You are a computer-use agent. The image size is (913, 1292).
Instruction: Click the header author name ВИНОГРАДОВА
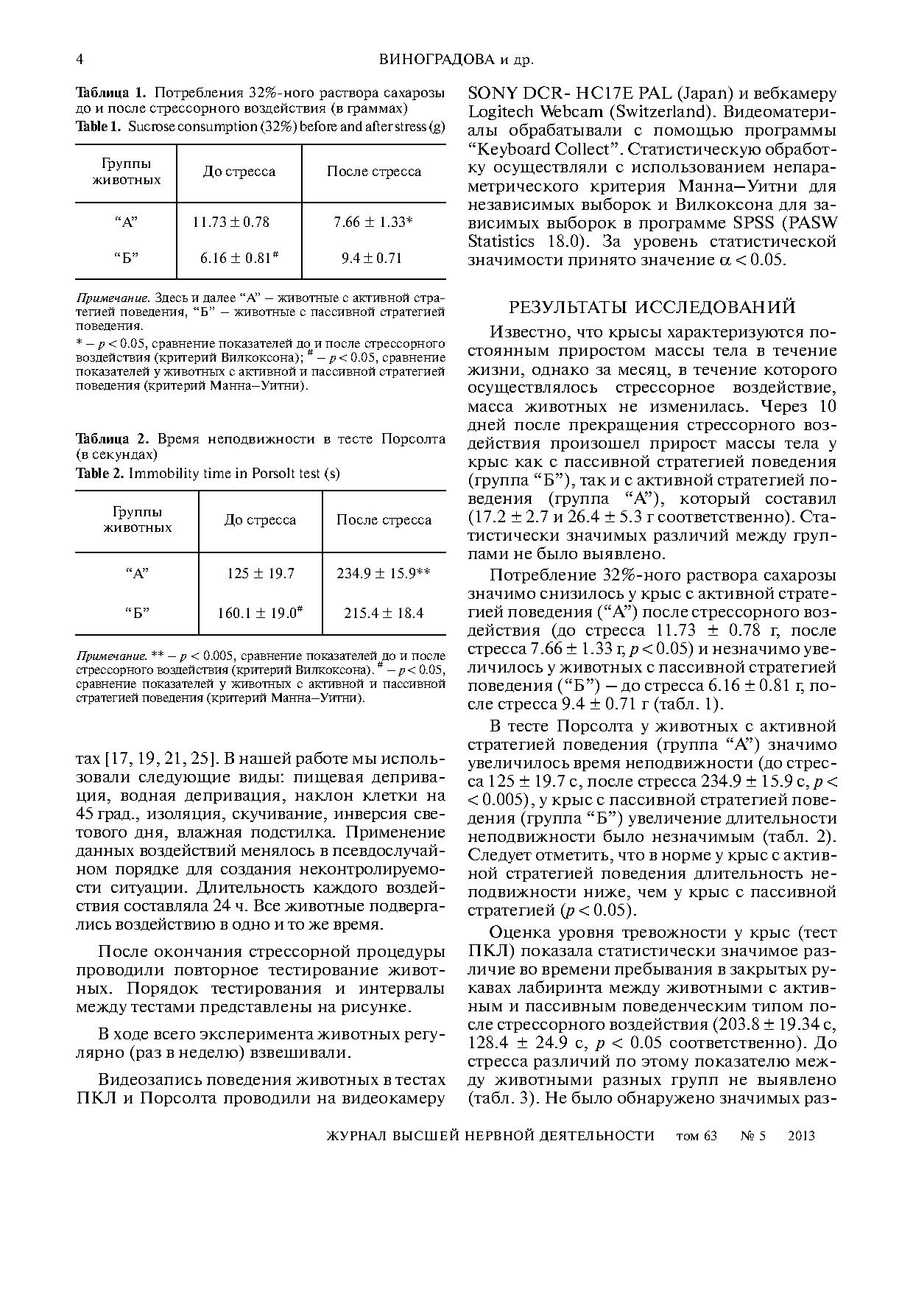point(432,60)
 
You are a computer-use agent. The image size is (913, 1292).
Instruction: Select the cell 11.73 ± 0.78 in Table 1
point(230,222)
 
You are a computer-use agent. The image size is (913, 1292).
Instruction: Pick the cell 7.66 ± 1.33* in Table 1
point(373,222)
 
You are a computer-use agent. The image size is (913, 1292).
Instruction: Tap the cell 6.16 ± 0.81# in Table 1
point(239,258)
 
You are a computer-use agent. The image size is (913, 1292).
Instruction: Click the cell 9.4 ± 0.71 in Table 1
point(372,259)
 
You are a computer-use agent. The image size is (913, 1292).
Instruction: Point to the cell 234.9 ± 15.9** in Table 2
point(383,573)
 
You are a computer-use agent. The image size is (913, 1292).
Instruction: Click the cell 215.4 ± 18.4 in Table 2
point(384,613)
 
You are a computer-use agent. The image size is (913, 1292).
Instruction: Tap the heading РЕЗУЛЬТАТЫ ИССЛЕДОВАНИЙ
point(652,306)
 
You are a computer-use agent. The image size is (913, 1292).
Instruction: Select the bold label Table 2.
point(100,473)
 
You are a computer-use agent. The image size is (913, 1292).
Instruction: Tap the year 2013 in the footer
point(801,1136)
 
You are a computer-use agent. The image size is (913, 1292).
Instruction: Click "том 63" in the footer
point(696,1136)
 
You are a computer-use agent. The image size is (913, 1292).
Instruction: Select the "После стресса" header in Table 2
point(384,520)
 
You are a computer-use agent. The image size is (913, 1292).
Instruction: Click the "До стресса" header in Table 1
point(239,172)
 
